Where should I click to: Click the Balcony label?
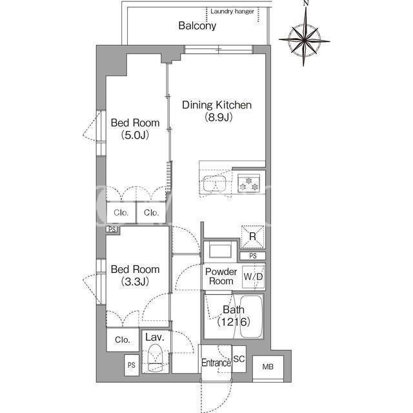coord(197,26)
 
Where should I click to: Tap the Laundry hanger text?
coord(232,12)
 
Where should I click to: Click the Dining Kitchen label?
coord(217,105)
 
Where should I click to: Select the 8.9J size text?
coord(219,117)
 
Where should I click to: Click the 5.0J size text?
coord(135,135)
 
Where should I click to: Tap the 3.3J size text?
coord(135,281)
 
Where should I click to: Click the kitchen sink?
coord(214,183)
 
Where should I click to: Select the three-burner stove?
coord(248,183)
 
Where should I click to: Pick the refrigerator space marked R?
coord(252,237)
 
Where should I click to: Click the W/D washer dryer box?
coord(254,277)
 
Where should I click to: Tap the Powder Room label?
coord(221,276)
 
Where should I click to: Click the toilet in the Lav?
coord(156,358)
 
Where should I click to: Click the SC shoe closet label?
coord(239,359)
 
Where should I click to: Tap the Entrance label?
coord(216,363)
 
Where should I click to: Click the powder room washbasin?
coord(220,250)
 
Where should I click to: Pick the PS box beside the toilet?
coord(132,365)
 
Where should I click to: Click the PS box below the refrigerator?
coord(253,256)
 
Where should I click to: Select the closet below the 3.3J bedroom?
coord(123,340)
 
